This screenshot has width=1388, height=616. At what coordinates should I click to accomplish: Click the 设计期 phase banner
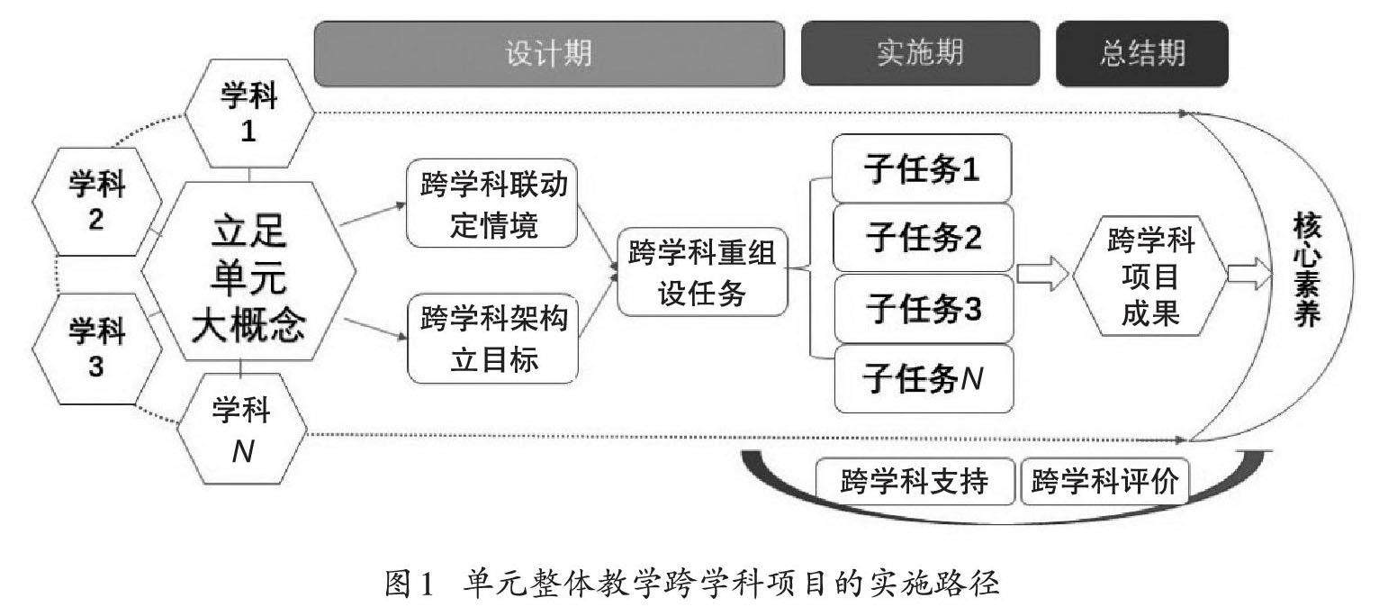(548, 54)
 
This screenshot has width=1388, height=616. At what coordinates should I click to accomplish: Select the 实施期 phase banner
(919, 54)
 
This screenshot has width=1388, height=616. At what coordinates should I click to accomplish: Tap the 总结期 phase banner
(1142, 54)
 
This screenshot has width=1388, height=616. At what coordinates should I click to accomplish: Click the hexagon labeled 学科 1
(249, 113)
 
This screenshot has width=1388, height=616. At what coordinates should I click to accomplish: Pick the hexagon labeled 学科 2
(97, 202)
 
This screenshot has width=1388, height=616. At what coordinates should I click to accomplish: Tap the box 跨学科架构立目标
(491, 340)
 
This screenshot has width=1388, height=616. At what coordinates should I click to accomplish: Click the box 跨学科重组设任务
(701, 273)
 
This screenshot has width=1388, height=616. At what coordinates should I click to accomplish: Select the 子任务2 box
(922, 238)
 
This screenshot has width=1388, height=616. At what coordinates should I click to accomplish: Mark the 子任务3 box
(922, 308)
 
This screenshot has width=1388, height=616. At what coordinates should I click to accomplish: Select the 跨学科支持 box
(915, 482)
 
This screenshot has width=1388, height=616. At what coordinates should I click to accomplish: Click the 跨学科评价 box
(1104, 482)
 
